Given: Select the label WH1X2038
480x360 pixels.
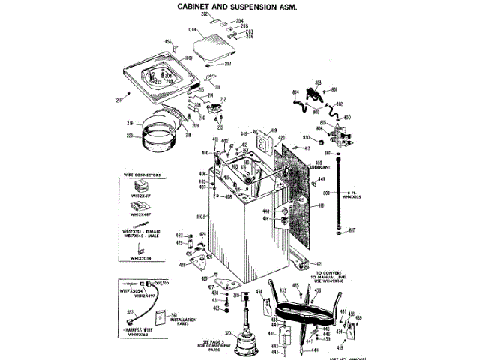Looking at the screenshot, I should tap(140, 259).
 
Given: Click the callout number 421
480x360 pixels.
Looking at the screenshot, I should tap(319, 263).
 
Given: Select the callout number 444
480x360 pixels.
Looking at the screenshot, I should tap(316, 350).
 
